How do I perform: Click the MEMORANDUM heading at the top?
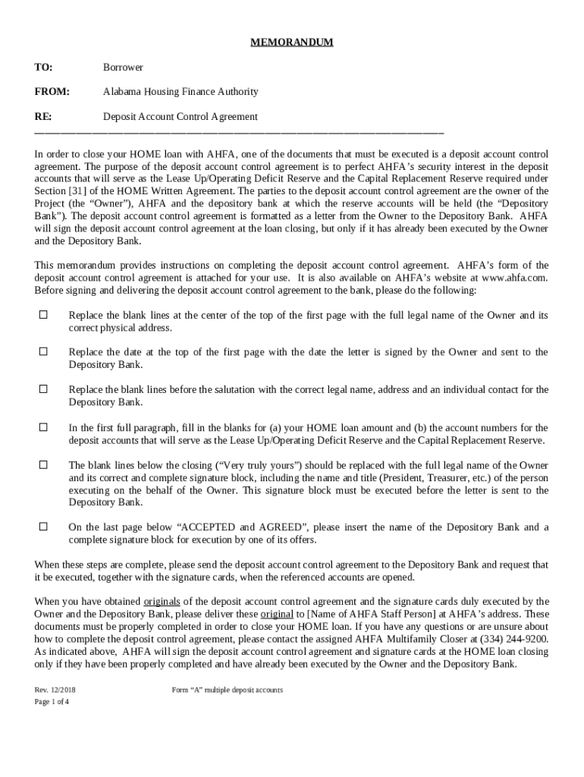(292, 42)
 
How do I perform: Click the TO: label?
(43, 68)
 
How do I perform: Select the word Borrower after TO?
(123, 68)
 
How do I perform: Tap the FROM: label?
(52, 92)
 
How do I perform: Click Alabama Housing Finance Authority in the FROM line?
(181, 92)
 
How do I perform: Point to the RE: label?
(43, 117)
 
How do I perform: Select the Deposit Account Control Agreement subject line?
(181, 117)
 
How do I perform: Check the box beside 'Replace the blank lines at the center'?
(43, 314)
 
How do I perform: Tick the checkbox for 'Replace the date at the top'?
(43, 351)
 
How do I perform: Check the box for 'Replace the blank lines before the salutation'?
(43, 389)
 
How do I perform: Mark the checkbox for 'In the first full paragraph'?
(43, 427)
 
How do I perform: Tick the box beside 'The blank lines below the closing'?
(43, 464)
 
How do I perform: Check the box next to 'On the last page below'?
(43, 526)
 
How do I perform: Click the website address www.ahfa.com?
(514, 278)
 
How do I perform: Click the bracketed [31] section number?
(79, 190)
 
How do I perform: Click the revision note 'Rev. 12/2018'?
(55, 690)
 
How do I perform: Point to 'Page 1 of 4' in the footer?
(52, 702)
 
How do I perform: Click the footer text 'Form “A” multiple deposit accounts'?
(228, 690)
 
